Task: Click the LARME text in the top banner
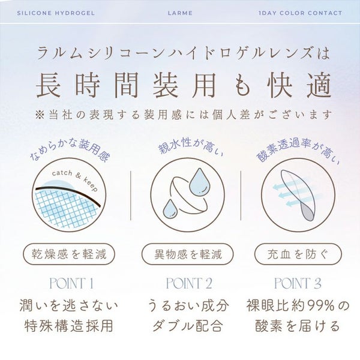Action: coord(180,13)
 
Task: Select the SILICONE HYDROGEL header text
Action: coord(56,13)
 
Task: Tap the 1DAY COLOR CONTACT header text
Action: coord(301,13)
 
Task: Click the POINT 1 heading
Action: coord(71,283)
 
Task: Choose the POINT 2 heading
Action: coord(189,283)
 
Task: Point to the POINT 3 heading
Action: coord(298,283)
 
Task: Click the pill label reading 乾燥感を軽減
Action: coord(69,254)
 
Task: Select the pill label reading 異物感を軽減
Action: coord(188,254)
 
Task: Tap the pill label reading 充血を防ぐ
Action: coord(298,254)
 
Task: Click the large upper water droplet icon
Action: coord(199,182)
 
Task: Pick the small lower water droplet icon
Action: coord(170,209)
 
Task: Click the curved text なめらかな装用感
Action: coord(70,151)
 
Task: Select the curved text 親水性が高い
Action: coord(191,146)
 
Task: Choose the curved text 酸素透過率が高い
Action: coord(298,151)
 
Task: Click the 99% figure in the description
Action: coord(320,306)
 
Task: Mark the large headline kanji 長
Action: coord(49,85)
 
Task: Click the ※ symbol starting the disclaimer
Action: coord(40,115)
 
